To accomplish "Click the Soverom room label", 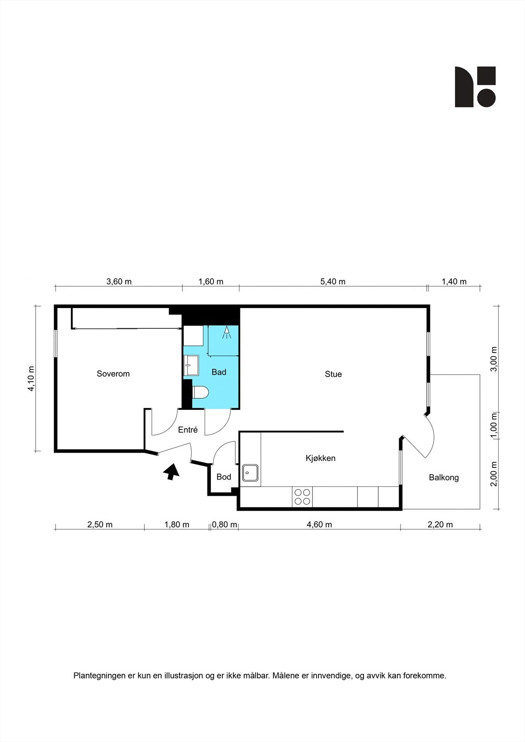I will click(x=113, y=373).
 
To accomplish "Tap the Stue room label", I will click(x=333, y=374).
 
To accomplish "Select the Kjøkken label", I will click(x=320, y=458).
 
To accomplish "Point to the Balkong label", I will click(x=443, y=477).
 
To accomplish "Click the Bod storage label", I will click(x=224, y=477).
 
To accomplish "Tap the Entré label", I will click(x=188, y=430).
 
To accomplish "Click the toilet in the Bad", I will click(x=200, y=392).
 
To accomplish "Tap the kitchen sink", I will click(x=251, y=473).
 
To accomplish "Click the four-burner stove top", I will click(x=303, y=497).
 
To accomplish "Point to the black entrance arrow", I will click(x=171, y=471).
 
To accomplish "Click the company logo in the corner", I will click(x=475, y=87).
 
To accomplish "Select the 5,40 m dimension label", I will click(x=333, y=281).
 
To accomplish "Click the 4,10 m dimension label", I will click(x=31, y=379).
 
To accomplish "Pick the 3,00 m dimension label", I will click(x=494, y=359).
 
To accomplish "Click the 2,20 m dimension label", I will click(x=440, y=525).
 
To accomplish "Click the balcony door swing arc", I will click(x=432, y=436).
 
